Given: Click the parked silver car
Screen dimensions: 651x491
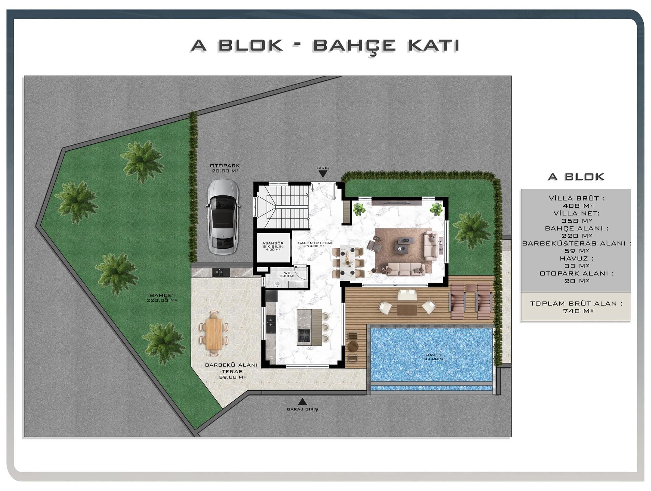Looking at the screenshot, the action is [x=223, y=217].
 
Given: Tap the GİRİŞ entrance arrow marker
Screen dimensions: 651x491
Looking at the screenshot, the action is [x=323, y=174].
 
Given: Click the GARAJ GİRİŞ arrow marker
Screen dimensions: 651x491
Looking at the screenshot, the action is [x=302, y=401].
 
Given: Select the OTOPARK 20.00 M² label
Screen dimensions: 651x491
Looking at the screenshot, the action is [x=225, y=168].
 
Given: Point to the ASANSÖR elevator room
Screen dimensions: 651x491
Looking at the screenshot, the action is [x=273, y=248].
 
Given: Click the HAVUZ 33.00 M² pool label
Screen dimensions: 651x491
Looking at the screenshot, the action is [x=434, y=357].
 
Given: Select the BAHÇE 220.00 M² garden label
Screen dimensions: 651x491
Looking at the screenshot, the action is [x=162, y=298].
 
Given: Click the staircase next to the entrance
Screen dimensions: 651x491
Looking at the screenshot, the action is [x=283, y=207].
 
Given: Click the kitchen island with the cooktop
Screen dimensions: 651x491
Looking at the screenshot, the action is [x=309, y=327].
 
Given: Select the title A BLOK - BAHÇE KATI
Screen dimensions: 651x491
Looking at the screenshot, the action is [x=325, y=46].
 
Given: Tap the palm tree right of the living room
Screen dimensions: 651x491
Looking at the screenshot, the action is [x=471, y=230].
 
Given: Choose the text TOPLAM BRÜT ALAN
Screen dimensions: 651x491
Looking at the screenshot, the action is [x=576, y=303].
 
